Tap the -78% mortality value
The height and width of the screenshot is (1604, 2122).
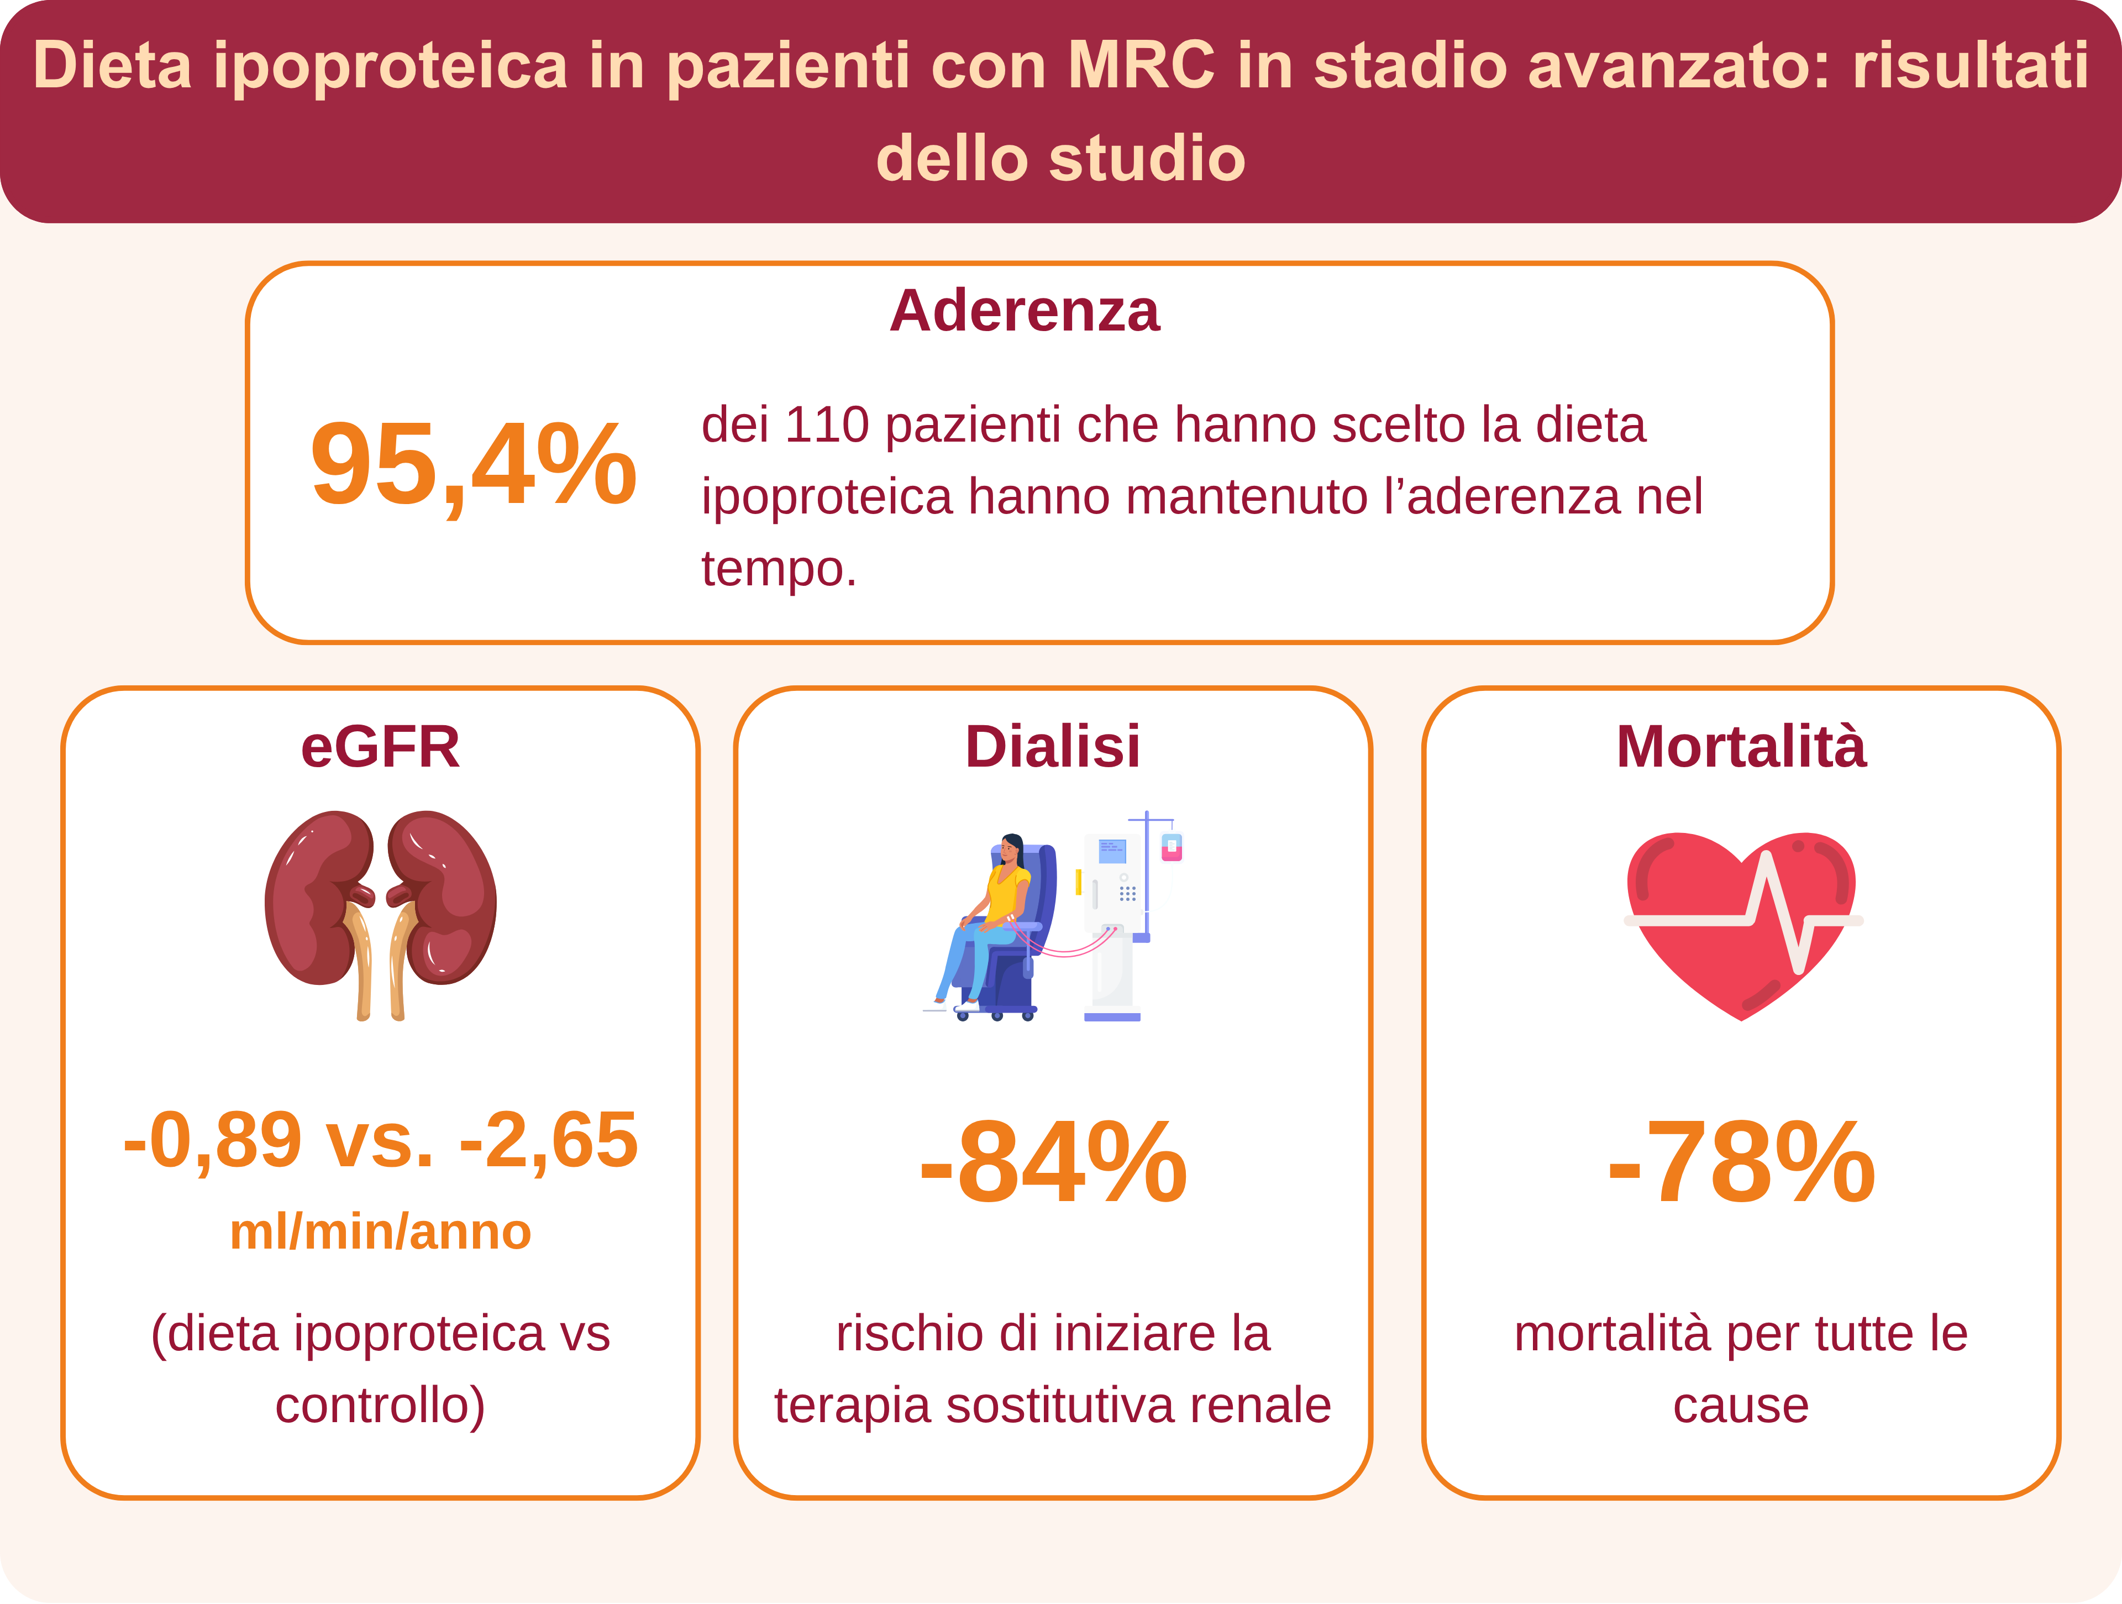point(1741,1163)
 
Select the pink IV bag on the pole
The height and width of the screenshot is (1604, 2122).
point(1172,848)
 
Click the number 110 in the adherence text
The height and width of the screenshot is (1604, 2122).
point(827,425)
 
